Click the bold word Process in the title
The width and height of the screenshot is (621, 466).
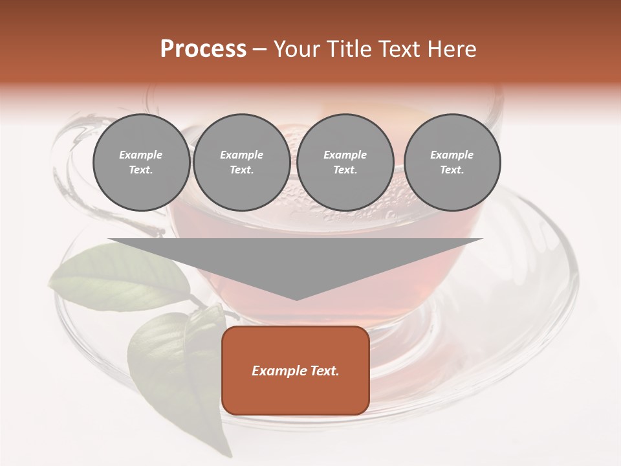[203, 49]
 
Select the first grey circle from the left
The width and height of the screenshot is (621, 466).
[141, 162]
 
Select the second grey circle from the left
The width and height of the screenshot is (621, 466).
[241, 162]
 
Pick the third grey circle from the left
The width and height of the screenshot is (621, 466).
[345, 162]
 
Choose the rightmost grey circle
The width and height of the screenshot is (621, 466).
[452, 162]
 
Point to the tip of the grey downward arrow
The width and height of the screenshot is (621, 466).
[296, 299]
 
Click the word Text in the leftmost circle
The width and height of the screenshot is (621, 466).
[141, 170]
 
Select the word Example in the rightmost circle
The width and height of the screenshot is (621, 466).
[452, 155]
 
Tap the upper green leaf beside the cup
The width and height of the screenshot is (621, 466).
[123, 278]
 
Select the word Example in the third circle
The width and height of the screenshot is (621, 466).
[345, 155]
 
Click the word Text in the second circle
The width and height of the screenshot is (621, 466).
[241, 170]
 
